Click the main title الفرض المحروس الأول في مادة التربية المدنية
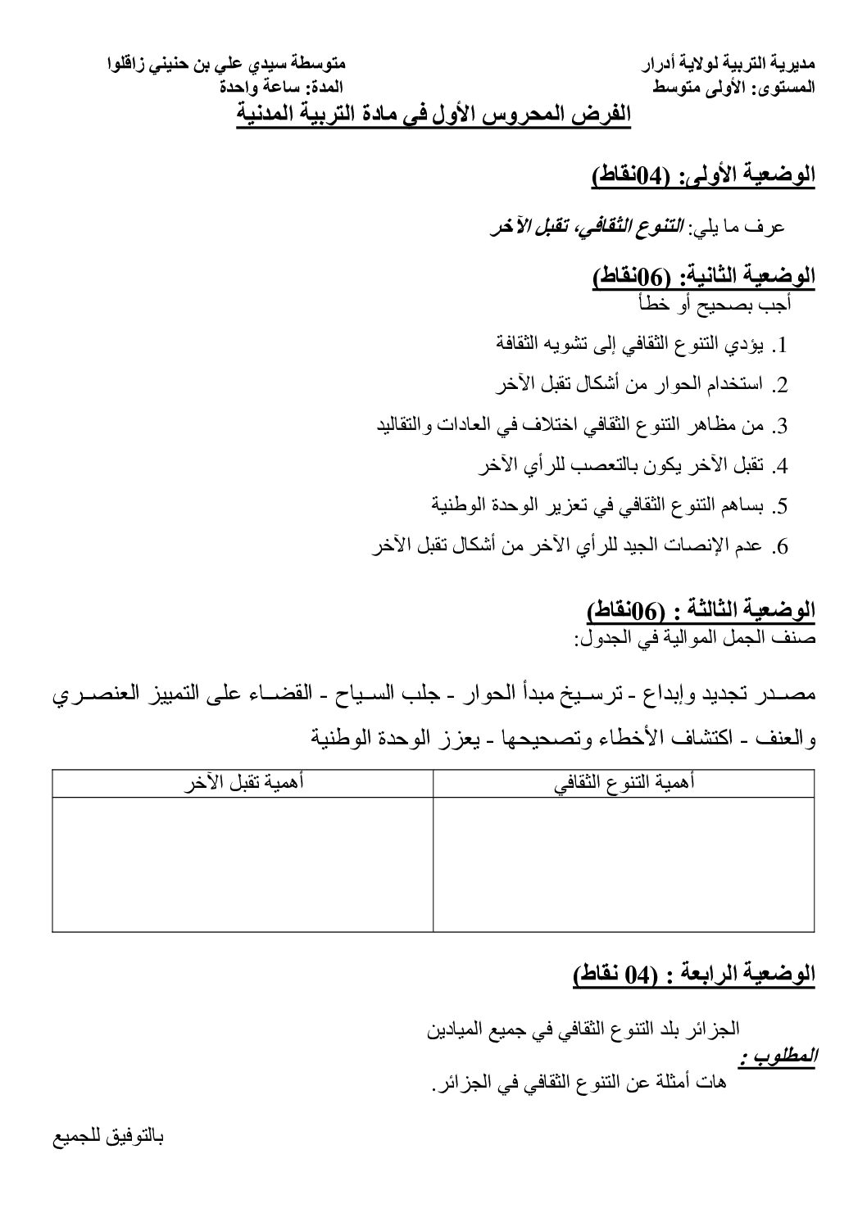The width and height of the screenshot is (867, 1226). point(433,115)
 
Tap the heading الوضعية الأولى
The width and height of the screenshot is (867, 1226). point(703,175)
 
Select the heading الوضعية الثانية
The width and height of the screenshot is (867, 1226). point(703,278)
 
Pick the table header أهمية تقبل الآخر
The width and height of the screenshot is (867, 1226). point(243,783)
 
